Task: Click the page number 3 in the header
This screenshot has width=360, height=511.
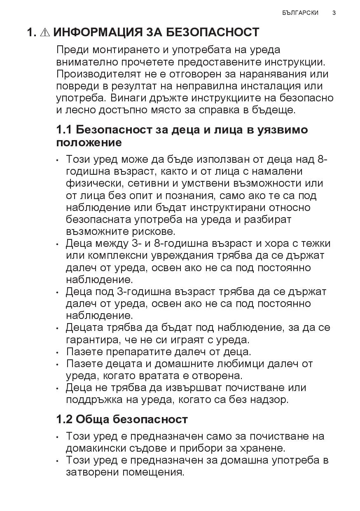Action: click(334, 13)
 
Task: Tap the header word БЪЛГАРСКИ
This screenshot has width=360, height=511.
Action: click(301, 13)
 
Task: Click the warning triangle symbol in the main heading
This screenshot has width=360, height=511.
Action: click(45, 32)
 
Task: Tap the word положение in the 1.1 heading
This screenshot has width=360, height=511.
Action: click(89, 143)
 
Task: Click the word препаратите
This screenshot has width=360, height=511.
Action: click(140, 352)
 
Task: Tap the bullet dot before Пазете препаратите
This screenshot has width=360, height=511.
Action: click(58, 353)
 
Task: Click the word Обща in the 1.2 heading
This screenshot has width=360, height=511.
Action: click(93, 420)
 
